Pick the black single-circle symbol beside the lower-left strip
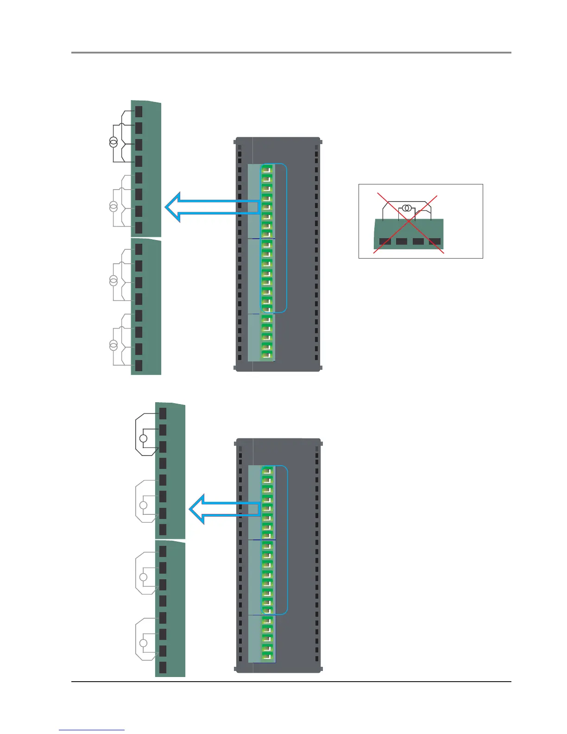(144, 438)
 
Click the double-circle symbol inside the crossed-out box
(407, 208)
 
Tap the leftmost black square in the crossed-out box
(385, 241)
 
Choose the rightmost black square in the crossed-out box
(435, 241)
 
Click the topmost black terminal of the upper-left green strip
(139, 112)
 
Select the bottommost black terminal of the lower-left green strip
(163, 667)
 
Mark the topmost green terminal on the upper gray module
(267, 169)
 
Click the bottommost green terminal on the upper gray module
(267, 354)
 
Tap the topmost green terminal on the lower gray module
(267, 471)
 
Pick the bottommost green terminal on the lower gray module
(267, 656)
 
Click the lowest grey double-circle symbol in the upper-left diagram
(113, 345)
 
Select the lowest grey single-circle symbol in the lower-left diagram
(144, 643)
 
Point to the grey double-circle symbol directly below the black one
(113, 207)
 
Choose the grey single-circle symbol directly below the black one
(144, 505)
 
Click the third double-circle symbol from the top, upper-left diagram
(113, 280)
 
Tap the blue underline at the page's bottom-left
(92, 730)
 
